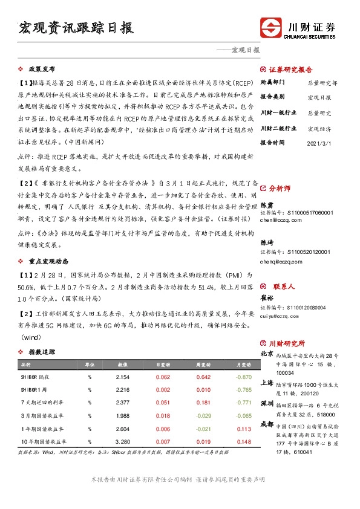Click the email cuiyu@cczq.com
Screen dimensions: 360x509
[x=279, y=315]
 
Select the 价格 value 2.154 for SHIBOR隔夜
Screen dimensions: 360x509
[x=123, y=377]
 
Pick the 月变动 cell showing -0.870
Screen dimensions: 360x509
[x=244, y=377]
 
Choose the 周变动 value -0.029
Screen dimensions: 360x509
[x=203, y=416]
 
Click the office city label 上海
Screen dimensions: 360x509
[x=267, y=383]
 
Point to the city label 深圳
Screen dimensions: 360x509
[x=267, y=403]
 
